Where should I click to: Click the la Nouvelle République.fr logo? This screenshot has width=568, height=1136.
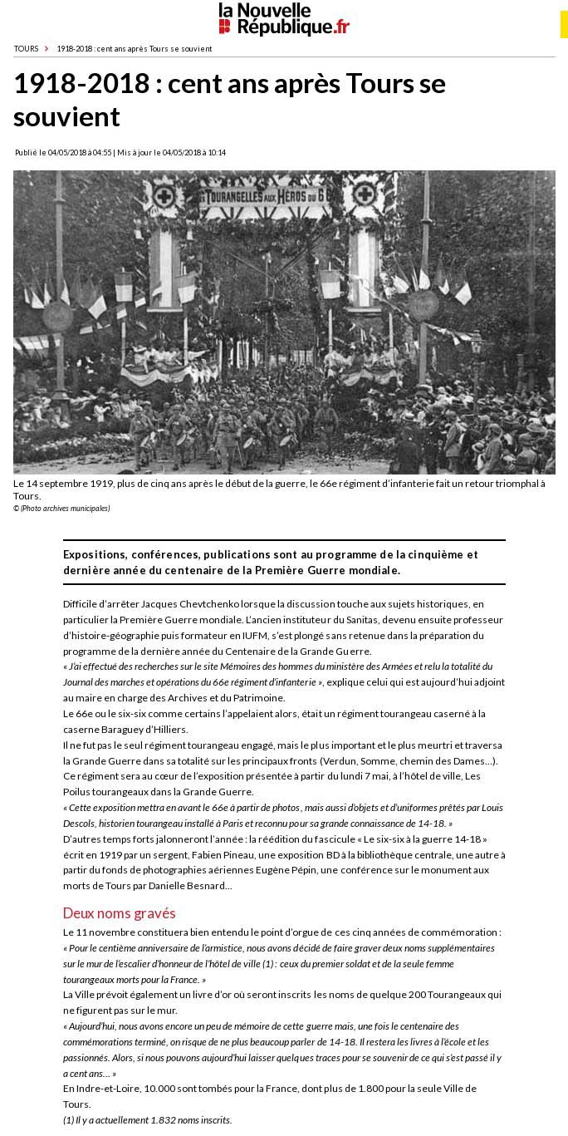point(284,18)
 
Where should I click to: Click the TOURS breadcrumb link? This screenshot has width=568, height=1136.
point(26,49)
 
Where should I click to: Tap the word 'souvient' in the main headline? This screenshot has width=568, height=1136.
point(66,117)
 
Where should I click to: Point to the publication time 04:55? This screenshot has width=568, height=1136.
point(103,153)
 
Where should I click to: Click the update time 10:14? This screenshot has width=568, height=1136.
point(217,153)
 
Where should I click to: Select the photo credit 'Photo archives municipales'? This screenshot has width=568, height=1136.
point(65,509)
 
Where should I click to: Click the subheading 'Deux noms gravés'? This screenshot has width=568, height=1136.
point(119,913)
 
